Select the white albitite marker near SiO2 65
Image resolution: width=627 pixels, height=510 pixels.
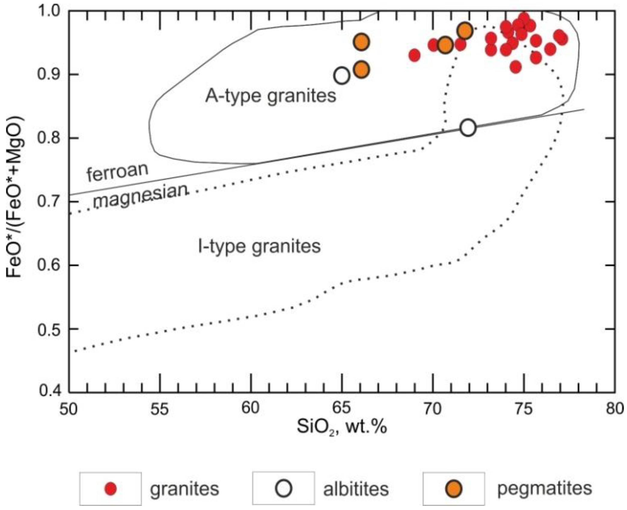pos(342,76)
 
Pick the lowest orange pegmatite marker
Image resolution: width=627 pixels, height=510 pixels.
pos(361,70)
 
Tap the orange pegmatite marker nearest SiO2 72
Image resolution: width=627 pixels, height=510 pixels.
pos(465,31)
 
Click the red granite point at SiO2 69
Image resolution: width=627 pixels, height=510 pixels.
pos(414,55)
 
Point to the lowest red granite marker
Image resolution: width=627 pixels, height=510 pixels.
pos(516,67)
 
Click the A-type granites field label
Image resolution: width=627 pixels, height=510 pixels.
pos(270,96)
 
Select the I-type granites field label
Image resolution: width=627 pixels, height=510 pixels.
pos(259,246)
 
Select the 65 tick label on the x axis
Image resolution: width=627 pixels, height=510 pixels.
pos(342,409)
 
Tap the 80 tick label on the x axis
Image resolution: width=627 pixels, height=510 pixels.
pos(614,409)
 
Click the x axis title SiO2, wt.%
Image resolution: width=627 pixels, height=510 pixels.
pos(342,427)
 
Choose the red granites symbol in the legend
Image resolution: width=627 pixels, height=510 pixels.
pos(111,489)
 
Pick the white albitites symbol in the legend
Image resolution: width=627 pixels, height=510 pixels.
pos(283,488)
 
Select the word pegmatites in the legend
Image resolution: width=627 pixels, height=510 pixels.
pos(544,488)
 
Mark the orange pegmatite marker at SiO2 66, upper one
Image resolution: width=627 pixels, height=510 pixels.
pos(361,42)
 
